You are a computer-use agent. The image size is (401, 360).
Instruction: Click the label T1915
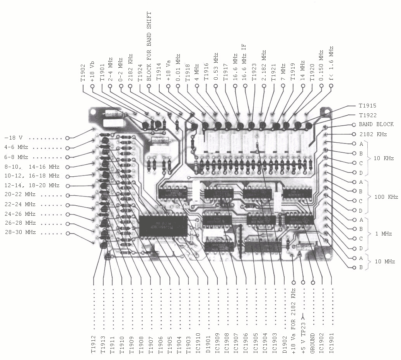[x=368, y=106]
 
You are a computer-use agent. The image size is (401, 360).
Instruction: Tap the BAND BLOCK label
[x=376, y=125]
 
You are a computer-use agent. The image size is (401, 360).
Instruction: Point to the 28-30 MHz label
[x=20, y=232]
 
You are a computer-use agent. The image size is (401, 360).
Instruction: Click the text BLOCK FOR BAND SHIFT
[x=149, y=46]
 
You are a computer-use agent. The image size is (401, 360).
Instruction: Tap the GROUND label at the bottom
[x=312, y=341]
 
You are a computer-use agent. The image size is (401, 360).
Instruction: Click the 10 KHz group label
[x=383, y=159]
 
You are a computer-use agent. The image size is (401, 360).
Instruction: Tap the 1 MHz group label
[x=383, y=234]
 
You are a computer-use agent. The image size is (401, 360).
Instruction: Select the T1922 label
[x=368, y=115]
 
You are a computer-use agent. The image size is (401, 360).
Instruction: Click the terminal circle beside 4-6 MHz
[x=68, y=148]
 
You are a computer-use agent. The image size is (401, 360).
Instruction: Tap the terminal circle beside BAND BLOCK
[x=353, y=125]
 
